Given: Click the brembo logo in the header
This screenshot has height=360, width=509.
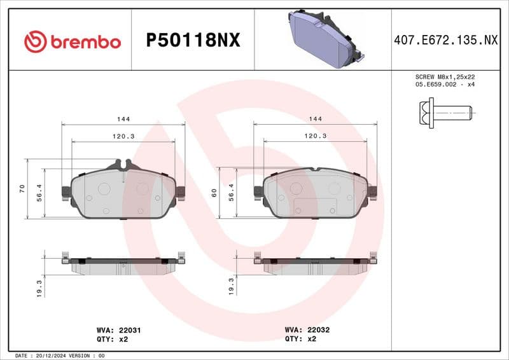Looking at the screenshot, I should coord(72,41).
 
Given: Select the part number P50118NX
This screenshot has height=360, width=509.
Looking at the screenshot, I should coord(193,41).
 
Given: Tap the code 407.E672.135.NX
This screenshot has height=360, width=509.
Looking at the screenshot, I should coord(445,41).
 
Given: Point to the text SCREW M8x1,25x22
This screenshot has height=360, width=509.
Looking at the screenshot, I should coord(445,76).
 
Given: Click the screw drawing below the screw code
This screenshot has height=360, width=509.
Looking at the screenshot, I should coord(446,113).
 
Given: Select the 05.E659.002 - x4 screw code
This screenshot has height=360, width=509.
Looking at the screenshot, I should coord(445,84).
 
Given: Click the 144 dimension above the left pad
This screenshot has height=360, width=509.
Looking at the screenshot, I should coord(123,119).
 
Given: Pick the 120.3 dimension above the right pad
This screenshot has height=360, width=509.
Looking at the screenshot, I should coord(315,136).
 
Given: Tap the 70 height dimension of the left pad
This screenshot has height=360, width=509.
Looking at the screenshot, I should coord(22,188).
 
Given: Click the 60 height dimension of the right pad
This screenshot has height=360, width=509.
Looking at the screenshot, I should coord(214,193).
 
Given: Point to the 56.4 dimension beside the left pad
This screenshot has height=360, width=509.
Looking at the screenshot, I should coord(39,193).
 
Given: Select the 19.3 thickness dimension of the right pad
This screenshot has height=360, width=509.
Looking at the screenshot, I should coord(232,286).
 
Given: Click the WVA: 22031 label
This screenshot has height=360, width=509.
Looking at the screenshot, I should coord(118,331).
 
